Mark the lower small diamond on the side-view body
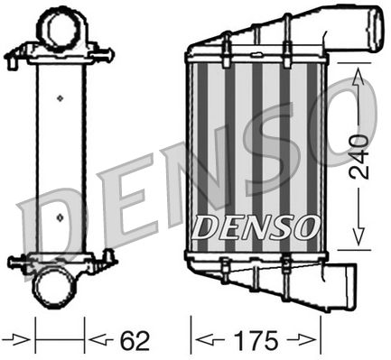pos(60,217)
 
